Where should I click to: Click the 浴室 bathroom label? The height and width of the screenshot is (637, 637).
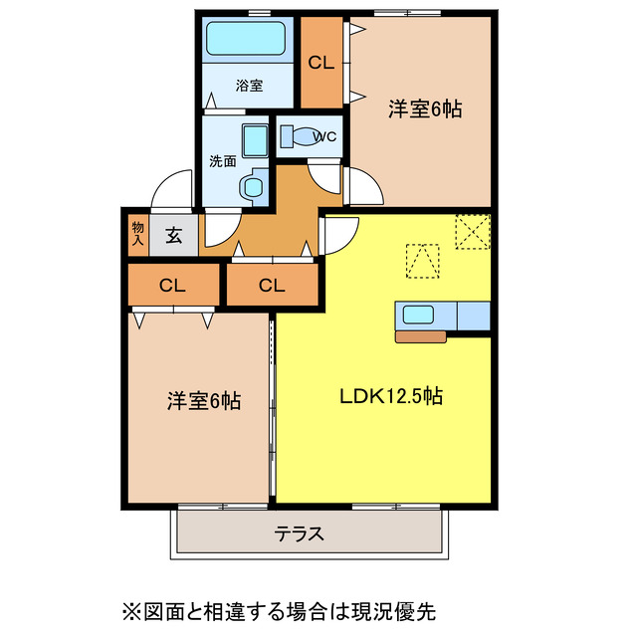pos(249,86)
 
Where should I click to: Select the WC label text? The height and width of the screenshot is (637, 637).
pos(324,137)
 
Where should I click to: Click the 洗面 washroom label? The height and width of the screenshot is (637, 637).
pos(222,160)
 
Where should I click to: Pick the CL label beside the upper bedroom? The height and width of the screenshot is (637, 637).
pos(320,63)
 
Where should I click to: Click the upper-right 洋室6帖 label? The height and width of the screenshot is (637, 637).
pos(425,109)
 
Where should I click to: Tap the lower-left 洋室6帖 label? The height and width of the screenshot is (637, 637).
pos(203,401)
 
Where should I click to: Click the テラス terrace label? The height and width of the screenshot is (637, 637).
pos(300,533)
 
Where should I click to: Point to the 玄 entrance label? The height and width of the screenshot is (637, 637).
pos(174,236)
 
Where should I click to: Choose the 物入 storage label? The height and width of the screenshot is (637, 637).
pos(137,235)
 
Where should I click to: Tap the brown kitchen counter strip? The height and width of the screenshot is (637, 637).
pos(420,336)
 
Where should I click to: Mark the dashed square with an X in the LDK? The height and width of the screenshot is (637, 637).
pos(472,233)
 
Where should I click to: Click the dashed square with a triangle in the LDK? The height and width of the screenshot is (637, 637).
pos(422,261)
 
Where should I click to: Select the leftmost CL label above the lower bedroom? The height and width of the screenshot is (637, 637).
pos(172,286)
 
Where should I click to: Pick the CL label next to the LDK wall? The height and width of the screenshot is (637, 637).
pos(272,286)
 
